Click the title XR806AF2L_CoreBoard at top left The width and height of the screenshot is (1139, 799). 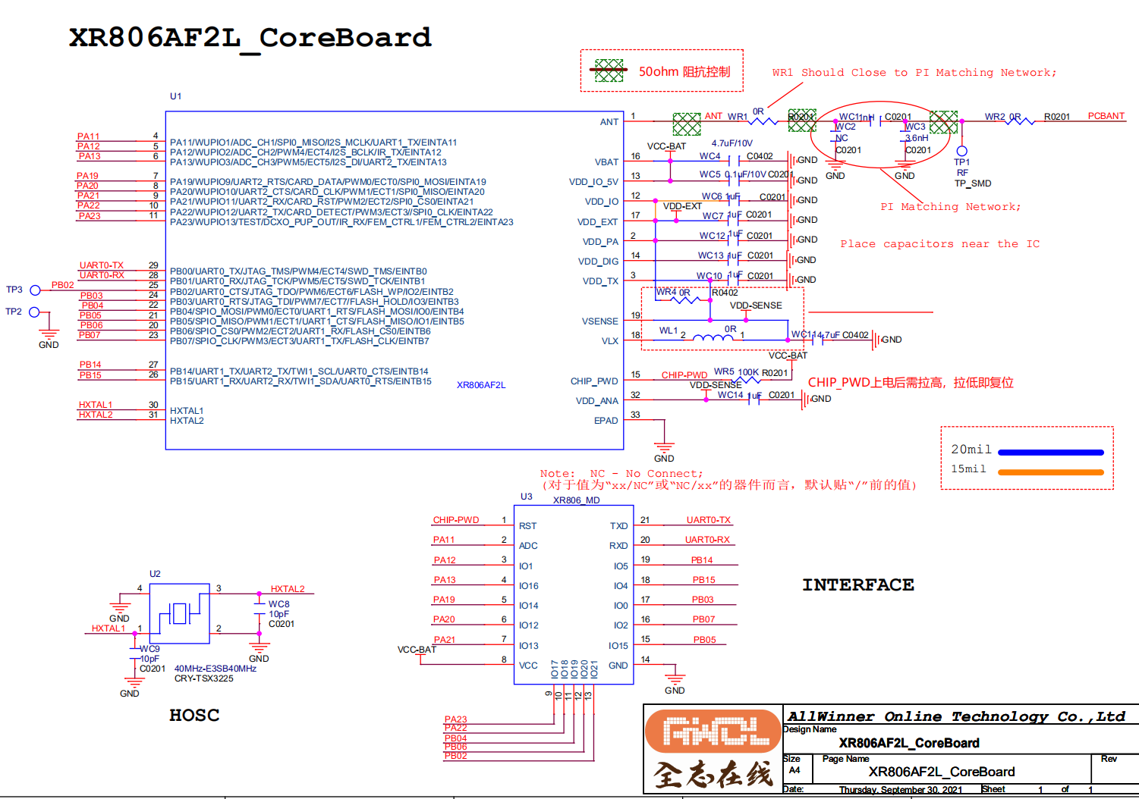(250, 38)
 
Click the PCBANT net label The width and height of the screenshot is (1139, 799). (1106, 116)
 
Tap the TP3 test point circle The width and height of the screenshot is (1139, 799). (35, 290)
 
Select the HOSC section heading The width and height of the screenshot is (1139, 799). (194, 715)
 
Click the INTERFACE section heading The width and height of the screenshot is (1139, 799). (858, 585)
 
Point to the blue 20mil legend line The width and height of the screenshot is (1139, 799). (1050, 453)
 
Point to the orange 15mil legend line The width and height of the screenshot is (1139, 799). (1050, 472)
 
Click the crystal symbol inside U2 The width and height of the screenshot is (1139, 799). (179, 613)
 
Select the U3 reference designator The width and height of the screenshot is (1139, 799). (526, 497)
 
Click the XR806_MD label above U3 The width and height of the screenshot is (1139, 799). (576, 500)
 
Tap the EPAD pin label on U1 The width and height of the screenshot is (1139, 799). (606, 421)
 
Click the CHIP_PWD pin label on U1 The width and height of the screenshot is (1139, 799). (594, 381)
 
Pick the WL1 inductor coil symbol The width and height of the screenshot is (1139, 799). (713, 337)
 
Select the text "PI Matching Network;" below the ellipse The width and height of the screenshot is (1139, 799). (950, 207)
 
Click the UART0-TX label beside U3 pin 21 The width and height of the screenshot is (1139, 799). (708, 520)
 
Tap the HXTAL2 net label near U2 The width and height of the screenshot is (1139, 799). (288, 589)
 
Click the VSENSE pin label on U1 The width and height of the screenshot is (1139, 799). (599, 321)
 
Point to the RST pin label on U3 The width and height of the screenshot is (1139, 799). (527, 526)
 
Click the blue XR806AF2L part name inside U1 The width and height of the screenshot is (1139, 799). (481, 385)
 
